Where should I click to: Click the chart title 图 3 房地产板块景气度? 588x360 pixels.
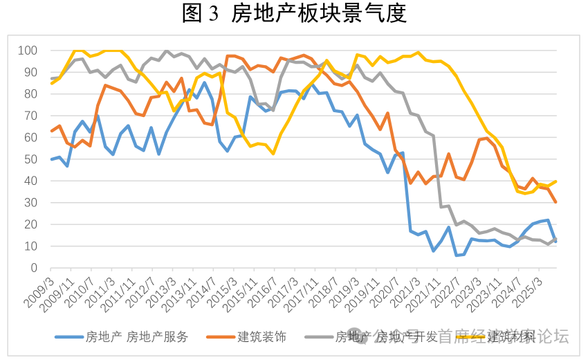294,13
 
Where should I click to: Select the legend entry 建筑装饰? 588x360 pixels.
261,337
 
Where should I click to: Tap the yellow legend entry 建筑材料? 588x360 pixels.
511,337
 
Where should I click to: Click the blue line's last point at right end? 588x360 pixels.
555,241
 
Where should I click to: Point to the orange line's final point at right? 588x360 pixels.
555,201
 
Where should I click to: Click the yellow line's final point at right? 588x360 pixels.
555,181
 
